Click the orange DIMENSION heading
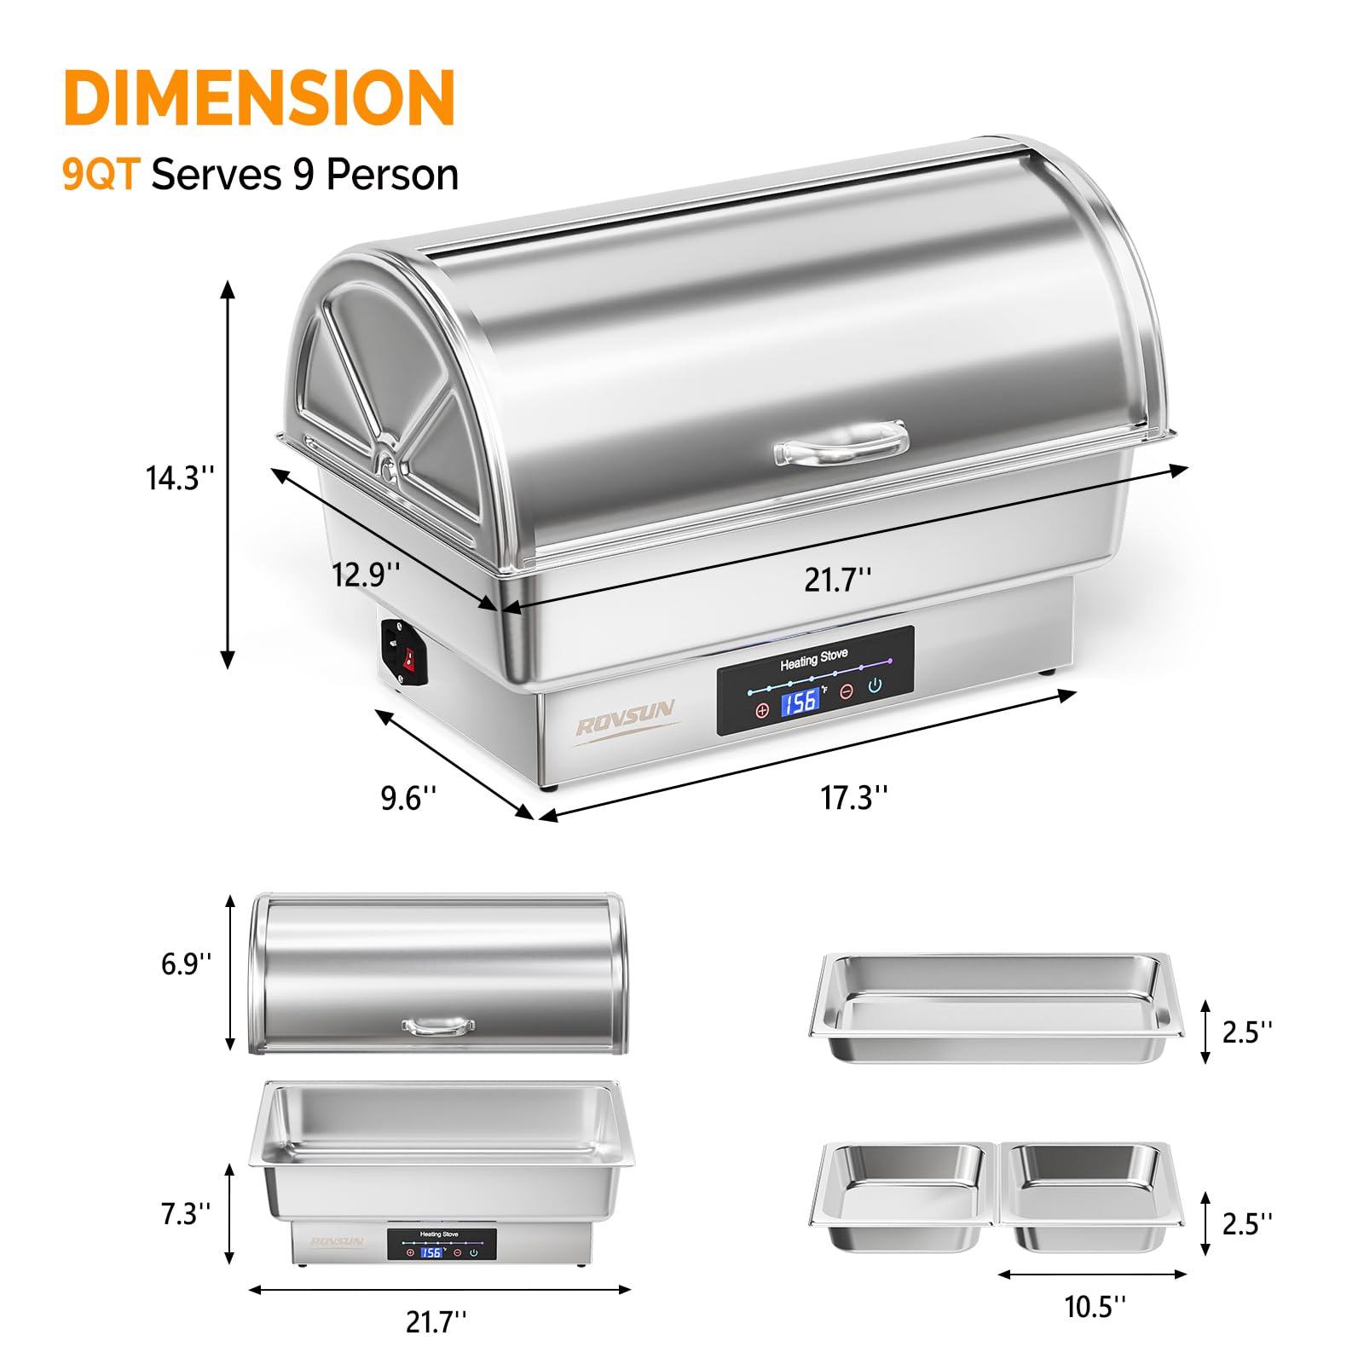[259, 98]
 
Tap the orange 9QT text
[100, 175]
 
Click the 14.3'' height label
[179, 478]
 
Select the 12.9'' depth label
[365, 574]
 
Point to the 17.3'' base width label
[853, 798]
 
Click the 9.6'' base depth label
[407, 798]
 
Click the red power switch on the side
[408, 657]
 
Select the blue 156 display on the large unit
[800, 702]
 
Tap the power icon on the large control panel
[875, 685]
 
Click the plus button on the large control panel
[762, 709]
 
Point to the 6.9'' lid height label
[186, 964]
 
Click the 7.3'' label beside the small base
[185, 1213]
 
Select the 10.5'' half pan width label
[1095, 1306]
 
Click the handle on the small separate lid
[439, 1026]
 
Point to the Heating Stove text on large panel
[813, 658]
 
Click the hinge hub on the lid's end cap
[388, 466]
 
